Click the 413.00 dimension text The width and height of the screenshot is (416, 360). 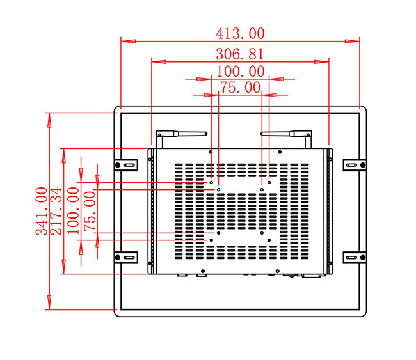240,34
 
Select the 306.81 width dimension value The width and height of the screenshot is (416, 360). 240,54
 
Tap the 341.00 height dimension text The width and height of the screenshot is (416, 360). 42,211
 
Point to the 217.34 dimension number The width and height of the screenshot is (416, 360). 56,211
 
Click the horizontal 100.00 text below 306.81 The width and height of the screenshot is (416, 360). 241,72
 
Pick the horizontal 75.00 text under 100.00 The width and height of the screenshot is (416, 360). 241,88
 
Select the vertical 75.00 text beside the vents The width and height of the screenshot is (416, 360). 90,211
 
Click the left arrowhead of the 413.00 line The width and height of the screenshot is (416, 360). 129,42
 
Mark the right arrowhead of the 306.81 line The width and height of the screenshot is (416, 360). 321,62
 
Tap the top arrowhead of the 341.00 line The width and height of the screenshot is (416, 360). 49,120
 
